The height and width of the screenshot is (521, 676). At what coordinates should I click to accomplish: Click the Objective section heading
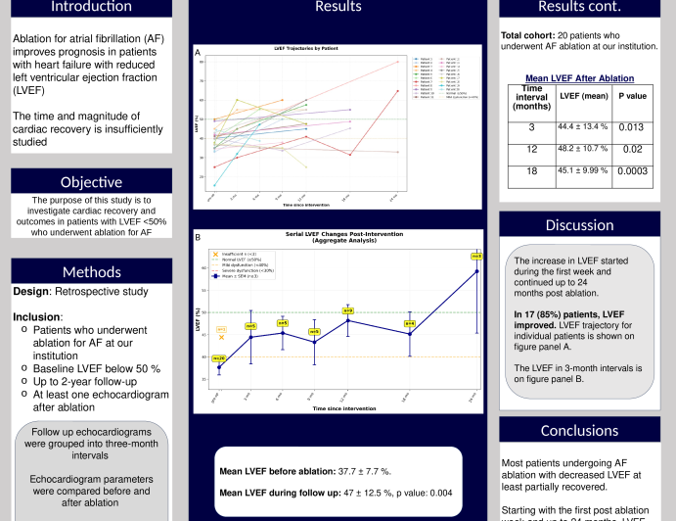(x=91, y=182)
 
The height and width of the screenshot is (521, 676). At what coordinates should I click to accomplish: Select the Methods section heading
(x=91, y=271)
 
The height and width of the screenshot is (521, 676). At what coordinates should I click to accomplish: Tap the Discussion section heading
(x=578, y=225)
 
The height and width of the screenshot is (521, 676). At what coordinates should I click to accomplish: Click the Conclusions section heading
(x=578, y=430)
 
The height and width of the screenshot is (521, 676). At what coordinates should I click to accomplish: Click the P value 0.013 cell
(x=631, y=126)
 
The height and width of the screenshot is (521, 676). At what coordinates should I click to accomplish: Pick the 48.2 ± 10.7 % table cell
(x=582, y=149)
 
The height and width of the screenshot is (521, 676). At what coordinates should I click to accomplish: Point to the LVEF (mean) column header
(x=582, y=96)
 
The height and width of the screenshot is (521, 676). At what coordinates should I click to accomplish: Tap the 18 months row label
(x=531, y=170)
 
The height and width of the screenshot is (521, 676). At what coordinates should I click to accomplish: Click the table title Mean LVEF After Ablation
(x=579, y=78)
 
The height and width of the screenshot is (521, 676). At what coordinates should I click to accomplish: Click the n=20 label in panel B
(x=219, y=358)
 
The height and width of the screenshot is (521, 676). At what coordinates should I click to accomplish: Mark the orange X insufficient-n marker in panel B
(x=221, y=337)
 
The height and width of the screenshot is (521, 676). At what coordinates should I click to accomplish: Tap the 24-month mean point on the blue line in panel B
(x=476, y=271)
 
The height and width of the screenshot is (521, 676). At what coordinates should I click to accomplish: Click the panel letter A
(x=199, y=52)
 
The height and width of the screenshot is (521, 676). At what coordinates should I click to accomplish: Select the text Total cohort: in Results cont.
(x=529, y=35)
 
